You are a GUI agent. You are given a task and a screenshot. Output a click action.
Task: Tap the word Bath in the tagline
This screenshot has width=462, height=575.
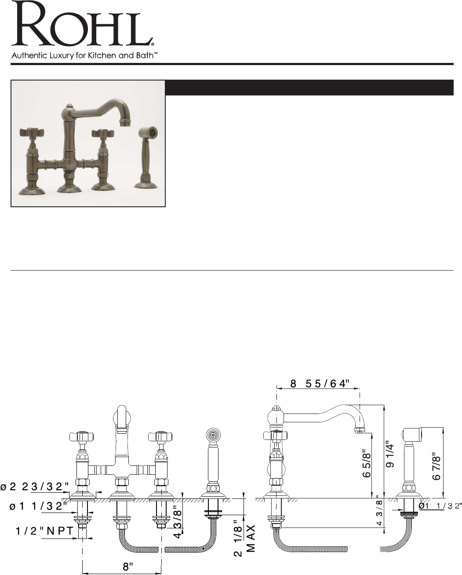[146, 55]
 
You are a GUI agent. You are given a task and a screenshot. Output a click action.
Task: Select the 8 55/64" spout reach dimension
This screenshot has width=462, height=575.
[320, 384]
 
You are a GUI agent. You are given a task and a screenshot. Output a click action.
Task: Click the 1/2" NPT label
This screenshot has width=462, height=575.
[44, 531]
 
